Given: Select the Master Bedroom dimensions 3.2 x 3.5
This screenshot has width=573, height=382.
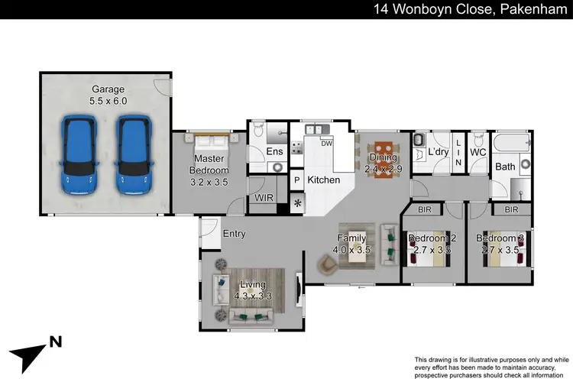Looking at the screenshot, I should click(209, 183).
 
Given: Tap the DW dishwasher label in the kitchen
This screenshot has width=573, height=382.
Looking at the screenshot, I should click(326, 143).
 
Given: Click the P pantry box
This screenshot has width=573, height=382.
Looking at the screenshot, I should click(297, 180).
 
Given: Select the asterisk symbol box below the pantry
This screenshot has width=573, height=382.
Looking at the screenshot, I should click(297, 203).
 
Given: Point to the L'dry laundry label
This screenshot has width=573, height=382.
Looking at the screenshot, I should click(438, 153).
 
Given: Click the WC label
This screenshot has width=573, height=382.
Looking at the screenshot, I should click(478, 153).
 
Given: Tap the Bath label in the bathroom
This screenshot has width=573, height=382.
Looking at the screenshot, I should click(505, 166).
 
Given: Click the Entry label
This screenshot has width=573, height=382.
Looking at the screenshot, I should click(234, 234).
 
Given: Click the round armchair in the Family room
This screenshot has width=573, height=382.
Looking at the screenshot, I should click(328, 263).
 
